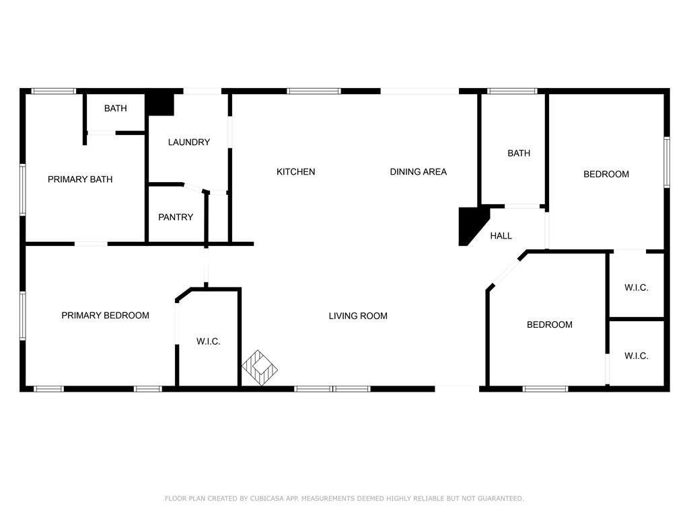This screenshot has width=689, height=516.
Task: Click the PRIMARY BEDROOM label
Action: point(106,316)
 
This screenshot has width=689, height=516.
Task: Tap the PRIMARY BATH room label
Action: point(80,179)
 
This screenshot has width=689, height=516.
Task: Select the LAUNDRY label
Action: point(189,142)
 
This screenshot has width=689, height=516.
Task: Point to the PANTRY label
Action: point(176,217)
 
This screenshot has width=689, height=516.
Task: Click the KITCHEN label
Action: point(296,172)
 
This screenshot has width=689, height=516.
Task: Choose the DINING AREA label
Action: point(419,172)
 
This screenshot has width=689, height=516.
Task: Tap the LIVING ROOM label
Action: point(358,316)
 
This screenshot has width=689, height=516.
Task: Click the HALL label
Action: point(501,236)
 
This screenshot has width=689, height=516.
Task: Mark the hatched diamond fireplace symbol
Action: point(260,368)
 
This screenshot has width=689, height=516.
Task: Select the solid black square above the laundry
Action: point(160,104)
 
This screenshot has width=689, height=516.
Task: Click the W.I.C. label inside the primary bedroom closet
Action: point(209,342)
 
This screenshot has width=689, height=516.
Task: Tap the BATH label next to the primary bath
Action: point(116,108)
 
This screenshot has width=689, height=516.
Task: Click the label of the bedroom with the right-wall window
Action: point(606,175)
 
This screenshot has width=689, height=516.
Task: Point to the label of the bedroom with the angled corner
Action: point(550,325)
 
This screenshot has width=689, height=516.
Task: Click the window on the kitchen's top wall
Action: point(314,91)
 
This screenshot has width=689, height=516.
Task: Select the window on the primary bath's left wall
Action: point(22,189)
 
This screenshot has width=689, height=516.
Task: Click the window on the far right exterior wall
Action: point(667,163)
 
